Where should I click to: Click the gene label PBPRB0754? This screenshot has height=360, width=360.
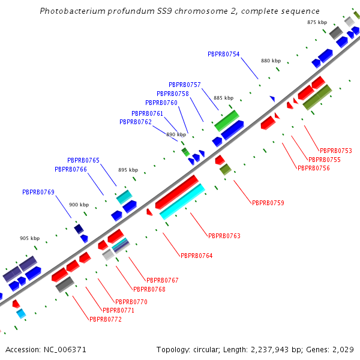tap(223, 54)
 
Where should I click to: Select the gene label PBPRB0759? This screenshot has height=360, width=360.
tap(268, 203)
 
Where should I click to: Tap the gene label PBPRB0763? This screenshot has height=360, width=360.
tap(224, 236)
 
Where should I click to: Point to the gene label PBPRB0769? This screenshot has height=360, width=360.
tap(38, 192)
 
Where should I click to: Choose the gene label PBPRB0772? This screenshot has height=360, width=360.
tap(106, 319)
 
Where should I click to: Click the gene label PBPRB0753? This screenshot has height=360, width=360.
tap(335, 151)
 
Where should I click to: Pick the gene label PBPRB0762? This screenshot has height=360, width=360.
tap(136, 122)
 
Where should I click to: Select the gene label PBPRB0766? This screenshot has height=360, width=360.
tap(71, 169)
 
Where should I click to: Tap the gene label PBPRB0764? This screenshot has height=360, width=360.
tap(196, 256)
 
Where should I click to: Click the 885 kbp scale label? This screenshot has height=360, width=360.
tap(223, 98)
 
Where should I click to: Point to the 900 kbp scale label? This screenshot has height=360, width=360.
tap(79, 205)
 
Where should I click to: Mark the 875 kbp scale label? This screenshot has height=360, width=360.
tap(317, 22)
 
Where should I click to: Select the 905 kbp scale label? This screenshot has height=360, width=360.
tap(29, 238)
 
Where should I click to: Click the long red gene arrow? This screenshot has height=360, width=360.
tap(177, 192)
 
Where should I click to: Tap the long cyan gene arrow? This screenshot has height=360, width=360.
tap(182, 202)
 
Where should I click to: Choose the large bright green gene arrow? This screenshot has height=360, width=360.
tap(227, 120)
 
